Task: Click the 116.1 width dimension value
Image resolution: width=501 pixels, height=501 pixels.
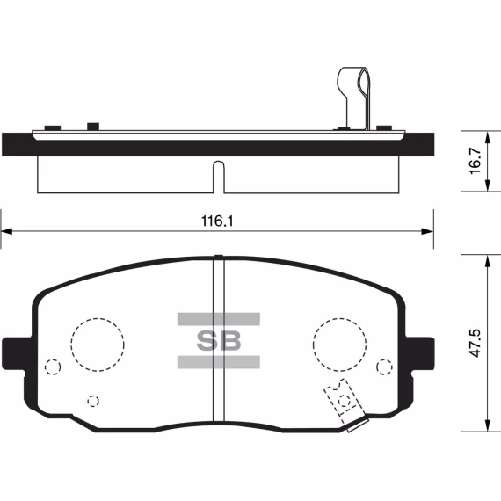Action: click(217, 221)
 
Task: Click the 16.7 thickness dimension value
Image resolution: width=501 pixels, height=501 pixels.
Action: click(476, 161)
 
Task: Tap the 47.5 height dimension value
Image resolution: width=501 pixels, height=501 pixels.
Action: click(476, 343)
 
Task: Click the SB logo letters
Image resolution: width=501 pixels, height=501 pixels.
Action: click(219, 341)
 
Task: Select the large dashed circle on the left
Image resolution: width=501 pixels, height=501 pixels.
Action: click(98, 345)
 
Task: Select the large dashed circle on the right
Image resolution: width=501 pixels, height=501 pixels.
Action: click(339, 345)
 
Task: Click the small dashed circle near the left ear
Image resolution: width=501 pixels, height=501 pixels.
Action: click(53, 367)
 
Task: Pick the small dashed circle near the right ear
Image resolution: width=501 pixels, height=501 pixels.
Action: click(384, 367)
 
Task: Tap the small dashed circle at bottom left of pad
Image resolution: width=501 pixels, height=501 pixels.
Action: click(93, 401)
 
